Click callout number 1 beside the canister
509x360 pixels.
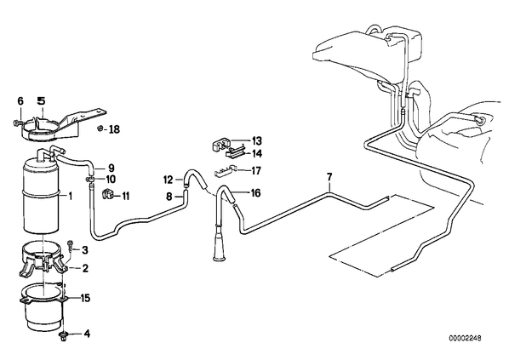tap(70, 196)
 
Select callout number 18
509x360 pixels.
tap(114, 129)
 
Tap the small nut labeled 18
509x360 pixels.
tap(100, 129)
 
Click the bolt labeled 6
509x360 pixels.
tap(18, 123)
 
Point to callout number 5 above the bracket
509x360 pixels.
tap(41, 101)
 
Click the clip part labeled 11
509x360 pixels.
tap(106, 194)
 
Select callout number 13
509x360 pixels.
tap(257, 141)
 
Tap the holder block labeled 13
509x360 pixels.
tap(220, 144)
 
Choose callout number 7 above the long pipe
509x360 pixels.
tap(329, 177)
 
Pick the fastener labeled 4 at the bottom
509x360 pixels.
tap(63, 336)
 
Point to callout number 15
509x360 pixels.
tap(85, 298)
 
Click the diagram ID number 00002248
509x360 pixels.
tap(466, 338)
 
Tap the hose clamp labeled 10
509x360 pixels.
tap(90, 179)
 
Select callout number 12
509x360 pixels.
tap(169, 180)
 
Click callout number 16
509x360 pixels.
tap(256, 193)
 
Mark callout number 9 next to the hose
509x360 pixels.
tap(111, 169)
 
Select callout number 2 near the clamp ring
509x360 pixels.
tap(85, 268)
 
